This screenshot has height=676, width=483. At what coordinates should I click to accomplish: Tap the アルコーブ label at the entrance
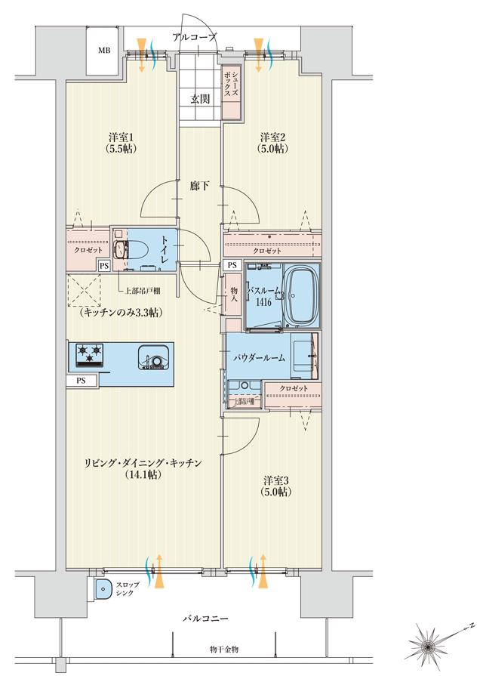click(194, 36)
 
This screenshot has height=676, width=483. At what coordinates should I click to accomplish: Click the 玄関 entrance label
click(200, 98)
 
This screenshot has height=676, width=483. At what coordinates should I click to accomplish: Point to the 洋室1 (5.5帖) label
click(121, 143)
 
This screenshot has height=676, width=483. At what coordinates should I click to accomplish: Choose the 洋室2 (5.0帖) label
click(273, 143)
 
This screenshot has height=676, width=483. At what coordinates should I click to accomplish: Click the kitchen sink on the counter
click(154, 357)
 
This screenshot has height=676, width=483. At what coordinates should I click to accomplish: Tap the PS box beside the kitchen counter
click(81, 381)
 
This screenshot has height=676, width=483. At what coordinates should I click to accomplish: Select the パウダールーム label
click(259, 357)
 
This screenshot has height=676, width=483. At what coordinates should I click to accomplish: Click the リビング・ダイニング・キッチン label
click(143, 463)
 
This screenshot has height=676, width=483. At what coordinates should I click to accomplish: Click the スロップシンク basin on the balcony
click(102, 588)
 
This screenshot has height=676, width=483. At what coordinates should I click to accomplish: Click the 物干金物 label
click(224, 650)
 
